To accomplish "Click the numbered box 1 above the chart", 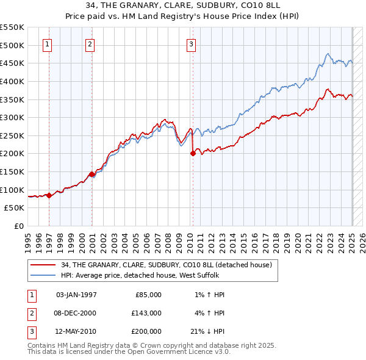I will click(x=48, y=43).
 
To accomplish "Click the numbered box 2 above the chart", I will click(x=90, y=43).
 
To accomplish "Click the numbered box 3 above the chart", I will click(x=191, y=43).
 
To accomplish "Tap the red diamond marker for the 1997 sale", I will click(x=49, y=196).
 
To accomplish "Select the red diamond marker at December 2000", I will click(x=91, y=175).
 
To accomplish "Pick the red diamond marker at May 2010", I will click(x=193, y=154).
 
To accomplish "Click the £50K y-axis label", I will click(x=15, y=207).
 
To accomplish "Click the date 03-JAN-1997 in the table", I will click(x=76, y=294).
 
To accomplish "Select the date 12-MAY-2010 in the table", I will click(x=77, y=331).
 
